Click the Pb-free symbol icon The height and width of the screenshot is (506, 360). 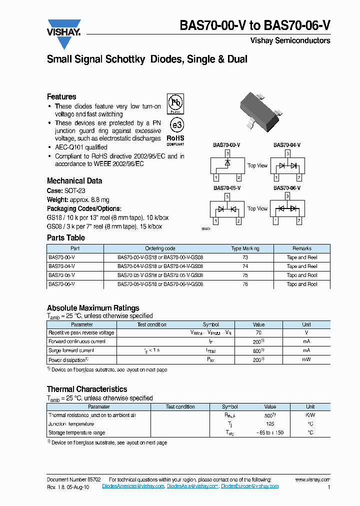coord(175,104)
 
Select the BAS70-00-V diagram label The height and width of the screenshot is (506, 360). coord(226,145)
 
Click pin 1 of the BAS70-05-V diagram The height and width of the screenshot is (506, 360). coord(215,221)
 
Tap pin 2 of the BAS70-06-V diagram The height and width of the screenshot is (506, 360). coord(298,220)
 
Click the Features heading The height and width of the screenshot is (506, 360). coord(61,96)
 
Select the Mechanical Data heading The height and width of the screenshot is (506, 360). coord(74,181)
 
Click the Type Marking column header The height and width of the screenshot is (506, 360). coord(245,248)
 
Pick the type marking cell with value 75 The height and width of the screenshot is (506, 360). coord(245,275)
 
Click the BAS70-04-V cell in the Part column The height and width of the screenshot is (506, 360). coord(61,266)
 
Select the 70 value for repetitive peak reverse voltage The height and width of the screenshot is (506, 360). coord(258,332)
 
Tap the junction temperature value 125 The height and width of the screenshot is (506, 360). coord(270,424)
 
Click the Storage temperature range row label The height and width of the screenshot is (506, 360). coord(77,433)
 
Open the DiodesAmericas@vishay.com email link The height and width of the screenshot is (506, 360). coord(133,486)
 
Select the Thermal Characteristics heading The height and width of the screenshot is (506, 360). coord(87,389)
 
